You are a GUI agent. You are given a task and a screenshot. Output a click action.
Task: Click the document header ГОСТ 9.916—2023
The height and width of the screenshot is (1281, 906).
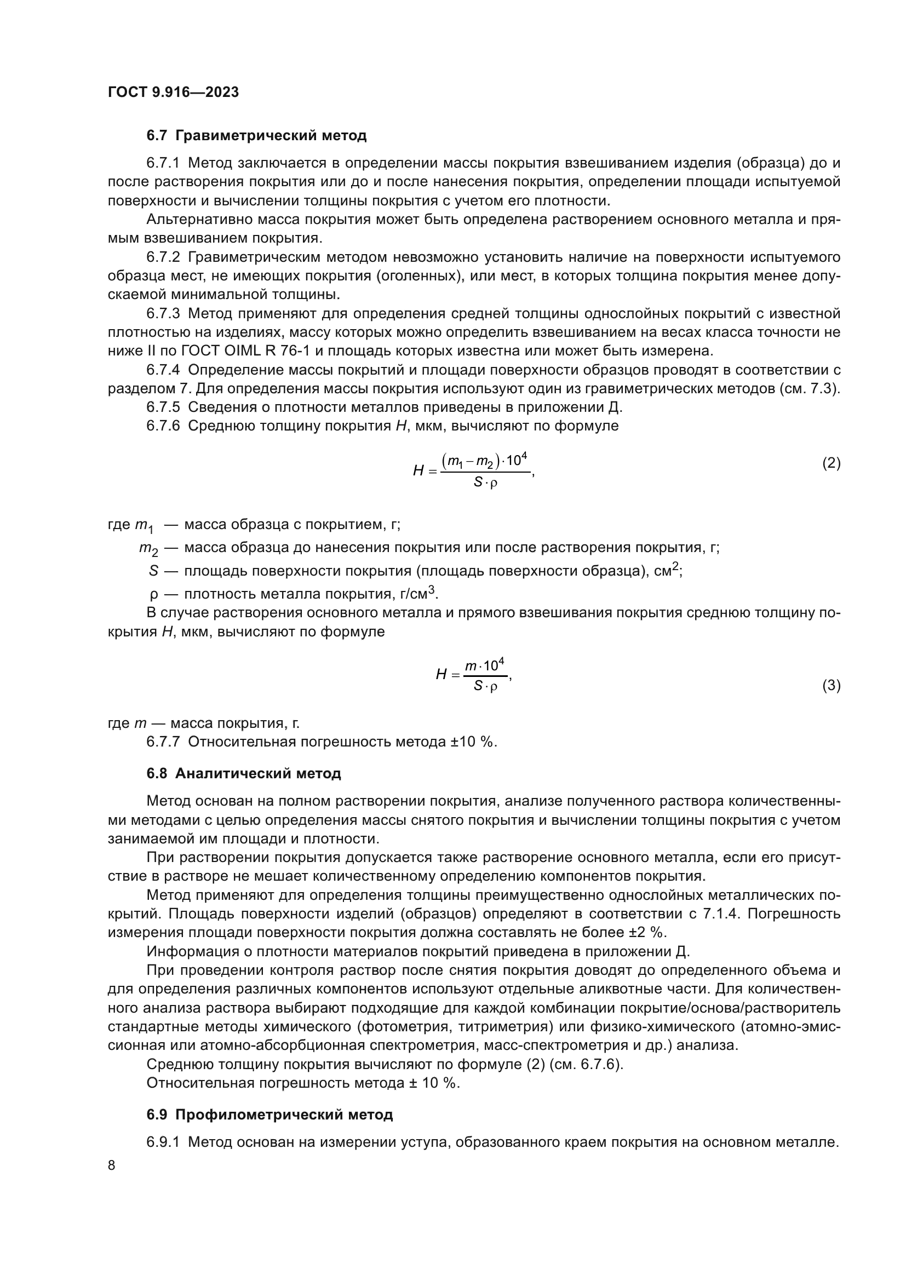tap(173, 92)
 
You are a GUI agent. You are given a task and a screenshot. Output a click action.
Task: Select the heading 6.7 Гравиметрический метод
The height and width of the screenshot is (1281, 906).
tap(256, 136)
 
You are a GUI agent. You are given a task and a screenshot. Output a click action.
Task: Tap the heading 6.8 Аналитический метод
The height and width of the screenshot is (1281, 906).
tap(244, 773)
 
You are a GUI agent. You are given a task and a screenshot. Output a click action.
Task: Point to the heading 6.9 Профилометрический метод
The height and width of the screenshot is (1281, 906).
tap(269, 1115)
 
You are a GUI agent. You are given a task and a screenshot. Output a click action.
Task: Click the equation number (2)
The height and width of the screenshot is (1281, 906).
tap(832, 463)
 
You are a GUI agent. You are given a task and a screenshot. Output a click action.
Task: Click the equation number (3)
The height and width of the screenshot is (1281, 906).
tap(832, 685)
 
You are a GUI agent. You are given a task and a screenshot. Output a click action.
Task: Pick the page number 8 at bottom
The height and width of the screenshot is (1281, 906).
tap(112, 1165)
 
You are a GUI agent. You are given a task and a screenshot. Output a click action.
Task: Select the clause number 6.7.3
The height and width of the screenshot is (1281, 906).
tap(163, 314)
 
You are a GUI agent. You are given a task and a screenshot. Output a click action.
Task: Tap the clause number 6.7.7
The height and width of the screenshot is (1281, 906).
tap(163, 742)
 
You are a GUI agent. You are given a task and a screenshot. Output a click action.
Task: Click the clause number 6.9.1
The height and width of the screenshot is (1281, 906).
tap(163, 1142)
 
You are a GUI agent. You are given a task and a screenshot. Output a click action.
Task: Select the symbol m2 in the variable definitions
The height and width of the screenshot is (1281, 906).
tap(148, 549)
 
